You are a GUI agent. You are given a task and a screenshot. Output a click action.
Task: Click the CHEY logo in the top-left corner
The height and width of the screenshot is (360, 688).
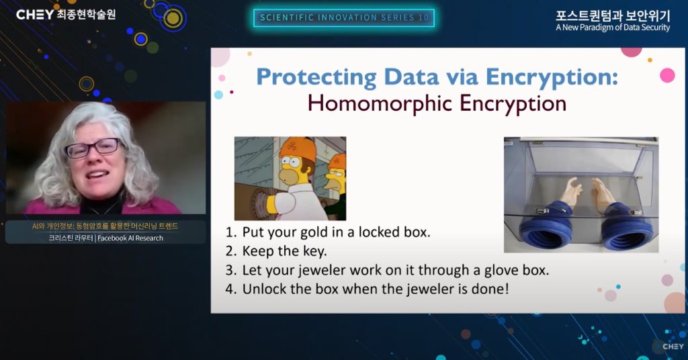pyautogui.click(x=35, y=15)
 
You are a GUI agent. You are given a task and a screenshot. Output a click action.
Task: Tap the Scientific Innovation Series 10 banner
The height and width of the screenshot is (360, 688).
pyautogui.click(x=344, y=18)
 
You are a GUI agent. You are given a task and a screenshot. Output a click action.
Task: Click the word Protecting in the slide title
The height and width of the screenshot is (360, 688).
pyautogui.click(x=316, y=77)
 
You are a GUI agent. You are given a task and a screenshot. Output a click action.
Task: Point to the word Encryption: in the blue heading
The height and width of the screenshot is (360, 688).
pyautogui.click(x=552, y=77)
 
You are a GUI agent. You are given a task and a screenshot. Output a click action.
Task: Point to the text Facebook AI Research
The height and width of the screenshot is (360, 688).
pyautogui.click(x=130, y=238)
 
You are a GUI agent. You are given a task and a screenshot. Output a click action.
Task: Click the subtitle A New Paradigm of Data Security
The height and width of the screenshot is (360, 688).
pyautogui.click(x=613, y=28)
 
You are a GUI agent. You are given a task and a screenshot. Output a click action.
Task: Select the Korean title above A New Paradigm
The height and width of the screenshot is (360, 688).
pyautogui.click(x=613, y=15)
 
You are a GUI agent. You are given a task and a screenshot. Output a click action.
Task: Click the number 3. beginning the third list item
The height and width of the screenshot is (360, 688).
pyautogui.click(x=231, y=270)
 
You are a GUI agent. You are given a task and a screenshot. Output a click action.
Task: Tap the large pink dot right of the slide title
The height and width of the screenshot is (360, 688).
pyautogui.click(x=667, y=75)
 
